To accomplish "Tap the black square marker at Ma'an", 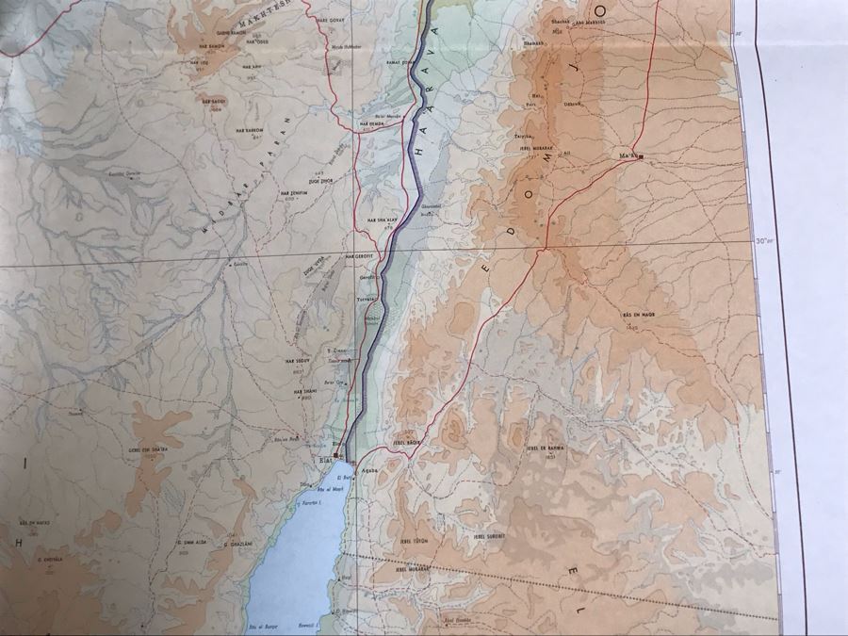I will (x=641, y=156).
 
